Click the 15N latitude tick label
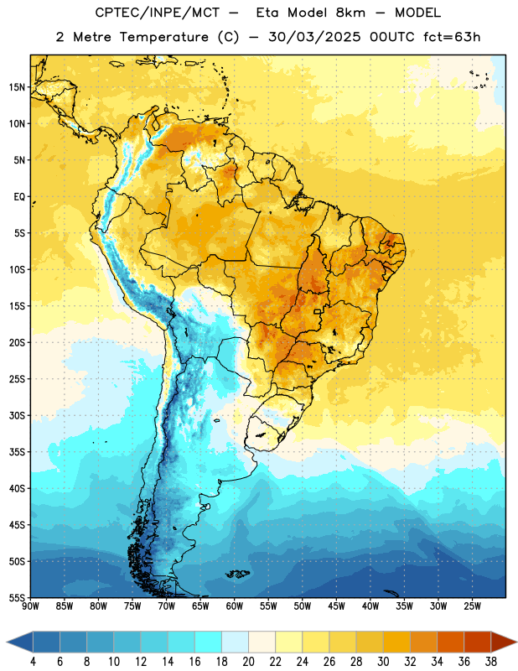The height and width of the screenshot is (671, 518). coord(17,87)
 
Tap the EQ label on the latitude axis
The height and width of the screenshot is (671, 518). coord(19,197)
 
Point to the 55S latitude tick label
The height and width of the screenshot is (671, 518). coord(17,597)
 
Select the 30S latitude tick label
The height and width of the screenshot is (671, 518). coord(17,415)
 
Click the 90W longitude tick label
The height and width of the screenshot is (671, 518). coord(30,606)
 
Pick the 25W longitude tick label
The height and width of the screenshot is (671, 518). coord(472,606)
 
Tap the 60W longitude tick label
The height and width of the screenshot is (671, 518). coord(235,606)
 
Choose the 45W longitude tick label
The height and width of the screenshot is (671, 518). coord(337,606)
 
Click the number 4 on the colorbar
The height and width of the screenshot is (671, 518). coord(33,662)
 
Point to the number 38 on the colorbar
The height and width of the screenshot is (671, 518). coord(491,662)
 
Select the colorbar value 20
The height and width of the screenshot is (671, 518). coord(248,662)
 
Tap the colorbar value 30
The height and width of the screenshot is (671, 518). coord(383,662)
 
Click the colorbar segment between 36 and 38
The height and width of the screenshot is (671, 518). coord(478,642)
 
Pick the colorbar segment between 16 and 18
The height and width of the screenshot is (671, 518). coord(209,642)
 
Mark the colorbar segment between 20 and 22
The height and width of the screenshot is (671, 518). coord(262,642)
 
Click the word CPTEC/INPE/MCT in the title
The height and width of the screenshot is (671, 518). coord(158,13)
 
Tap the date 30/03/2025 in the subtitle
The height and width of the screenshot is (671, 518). coord(314,37)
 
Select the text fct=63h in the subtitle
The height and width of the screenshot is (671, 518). coord(452,37)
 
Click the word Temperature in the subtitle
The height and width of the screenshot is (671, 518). coord(163,37)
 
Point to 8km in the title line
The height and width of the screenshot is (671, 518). coord(350,13)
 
